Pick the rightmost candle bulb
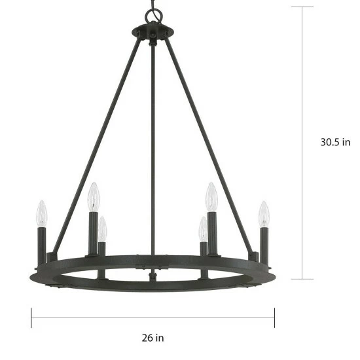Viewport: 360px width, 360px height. tap(264, 213)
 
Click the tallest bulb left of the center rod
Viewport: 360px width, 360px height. tap(94, 196)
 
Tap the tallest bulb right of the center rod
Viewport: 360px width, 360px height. tap(211, 196)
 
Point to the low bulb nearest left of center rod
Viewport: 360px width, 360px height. tap(103, 228)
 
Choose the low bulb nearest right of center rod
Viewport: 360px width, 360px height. tap(203, 228)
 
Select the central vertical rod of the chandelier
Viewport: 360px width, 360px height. tap(153, 151)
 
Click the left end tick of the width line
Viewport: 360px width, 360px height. tap(31, 318)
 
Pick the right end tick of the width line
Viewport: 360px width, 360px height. tap(274, 318)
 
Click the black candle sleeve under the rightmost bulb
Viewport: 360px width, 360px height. tap(264, 243)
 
